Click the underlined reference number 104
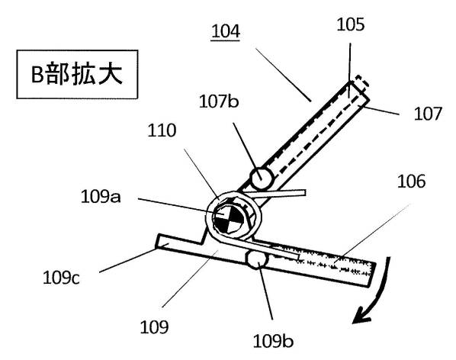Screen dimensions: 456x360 (x=226, y=31)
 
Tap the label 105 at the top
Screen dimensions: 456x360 (x=351, y=24)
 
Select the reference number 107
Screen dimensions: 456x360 (x=428, y=114)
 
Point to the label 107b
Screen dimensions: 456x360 (x=219, y=101)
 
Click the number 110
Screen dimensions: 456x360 (x=162, y=130)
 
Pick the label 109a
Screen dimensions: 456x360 (x=101, y=197)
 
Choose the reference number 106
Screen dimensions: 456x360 (x=411, y=181)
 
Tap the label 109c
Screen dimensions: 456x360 (x=61, y=278)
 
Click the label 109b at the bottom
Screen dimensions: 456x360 (x=273, y=341)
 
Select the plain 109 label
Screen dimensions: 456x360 (x=154, y=327)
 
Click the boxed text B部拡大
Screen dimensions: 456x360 (x=77, y=75)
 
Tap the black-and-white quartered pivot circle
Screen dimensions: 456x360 (x=229, y=217)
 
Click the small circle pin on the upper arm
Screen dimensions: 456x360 (x=262, y=178)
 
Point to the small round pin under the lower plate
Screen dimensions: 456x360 (x=258, y=260)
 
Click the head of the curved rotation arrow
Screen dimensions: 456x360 (x=361, y=316)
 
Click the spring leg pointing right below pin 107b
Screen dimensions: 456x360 (x=276, y=194)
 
